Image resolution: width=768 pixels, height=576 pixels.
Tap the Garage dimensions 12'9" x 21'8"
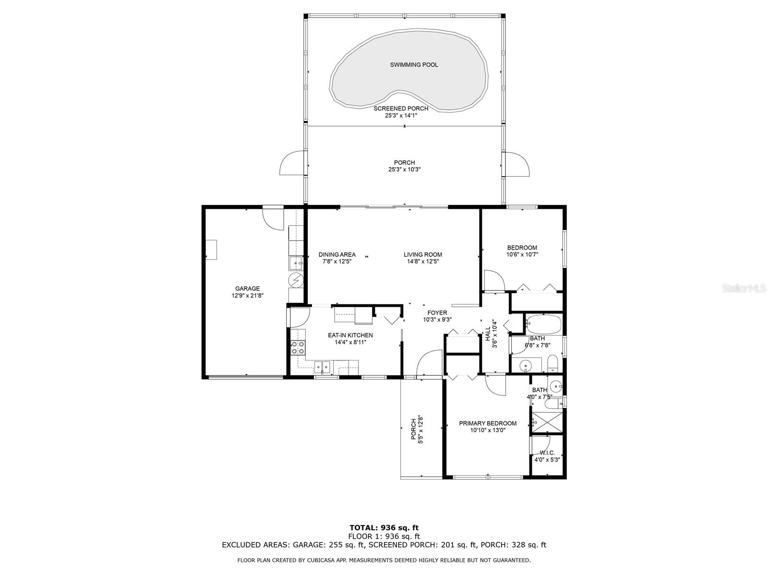click(247, 296)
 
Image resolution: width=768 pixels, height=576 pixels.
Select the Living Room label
click(422, 255)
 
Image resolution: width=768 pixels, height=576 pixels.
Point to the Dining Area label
click(337, 255)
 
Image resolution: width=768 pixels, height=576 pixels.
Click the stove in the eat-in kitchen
click(298, 348)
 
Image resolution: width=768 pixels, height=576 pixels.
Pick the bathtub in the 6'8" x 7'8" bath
click(543, 324)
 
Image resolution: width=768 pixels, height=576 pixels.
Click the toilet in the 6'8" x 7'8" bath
click(552, 363)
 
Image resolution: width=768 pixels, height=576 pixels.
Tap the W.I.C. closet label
click(547, 453)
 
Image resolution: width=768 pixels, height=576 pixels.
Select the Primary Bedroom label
click(488, 423)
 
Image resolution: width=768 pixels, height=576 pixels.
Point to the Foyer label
click(437, 313)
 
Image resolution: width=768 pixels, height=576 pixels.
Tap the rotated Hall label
click(488, 334)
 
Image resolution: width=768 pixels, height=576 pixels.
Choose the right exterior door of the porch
click(517, 164)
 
